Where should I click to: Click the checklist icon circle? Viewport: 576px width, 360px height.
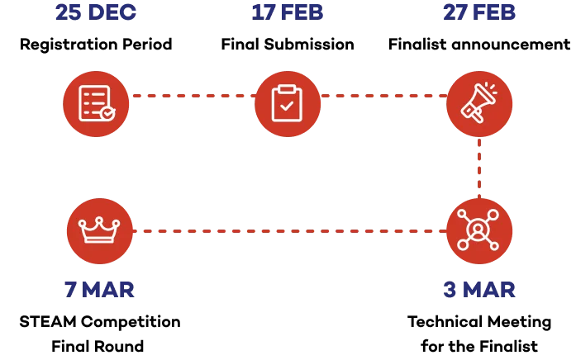[x=96, y=103]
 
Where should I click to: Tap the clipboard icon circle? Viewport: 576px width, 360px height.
[x=287, y=103]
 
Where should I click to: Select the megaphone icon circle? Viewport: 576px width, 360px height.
[x=479, y=103]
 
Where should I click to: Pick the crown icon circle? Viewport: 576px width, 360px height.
[x=99, y=231]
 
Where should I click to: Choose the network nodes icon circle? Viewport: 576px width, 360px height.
[x=479, y=231]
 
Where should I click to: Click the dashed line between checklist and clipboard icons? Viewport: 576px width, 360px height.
[x=192, y=96]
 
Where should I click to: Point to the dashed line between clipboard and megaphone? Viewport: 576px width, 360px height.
[x=383, y=96]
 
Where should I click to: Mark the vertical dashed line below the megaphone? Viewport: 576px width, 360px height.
[x=479, y=168]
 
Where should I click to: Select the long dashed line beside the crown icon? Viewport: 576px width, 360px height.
[x=288, y=231]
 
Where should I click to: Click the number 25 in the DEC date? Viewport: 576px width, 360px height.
[x=67, y=12]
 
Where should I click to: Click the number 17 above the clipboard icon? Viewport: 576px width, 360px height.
[x=264, y=12]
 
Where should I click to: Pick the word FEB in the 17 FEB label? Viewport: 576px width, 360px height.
[x=302, y=12]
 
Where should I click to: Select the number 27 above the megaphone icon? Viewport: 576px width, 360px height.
[x=455, y=12]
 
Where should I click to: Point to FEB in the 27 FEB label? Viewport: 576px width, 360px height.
[x=495, y=12]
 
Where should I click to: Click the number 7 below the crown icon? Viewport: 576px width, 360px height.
[x=72, y=288]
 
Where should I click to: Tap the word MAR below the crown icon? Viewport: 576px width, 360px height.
[x=109, y=288]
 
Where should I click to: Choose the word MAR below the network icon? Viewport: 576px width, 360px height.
[x=490, y=288]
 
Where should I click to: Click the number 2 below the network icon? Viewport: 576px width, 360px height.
[x=450, y=288]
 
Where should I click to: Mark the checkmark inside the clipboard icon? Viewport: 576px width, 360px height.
[x=287, y=107]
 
